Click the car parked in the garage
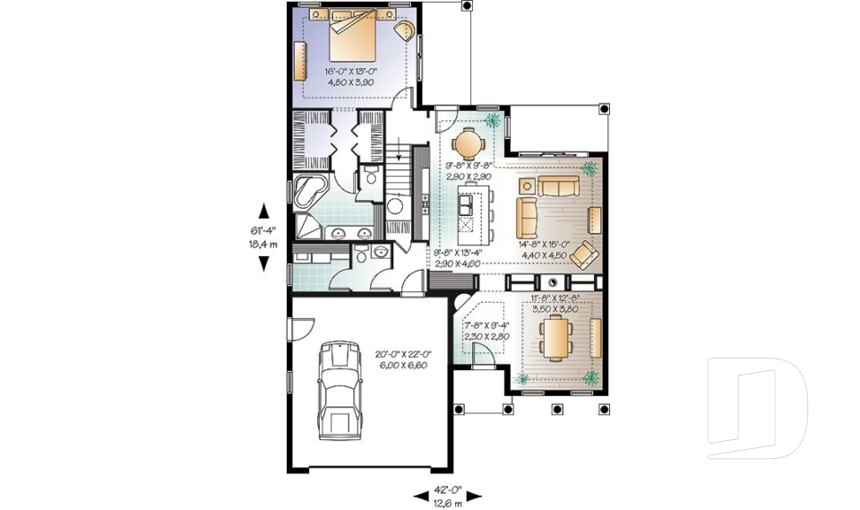338,392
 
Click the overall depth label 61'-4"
264,231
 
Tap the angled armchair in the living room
583,255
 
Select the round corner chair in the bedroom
404,32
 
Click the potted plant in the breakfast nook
493,122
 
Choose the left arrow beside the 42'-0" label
420,495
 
